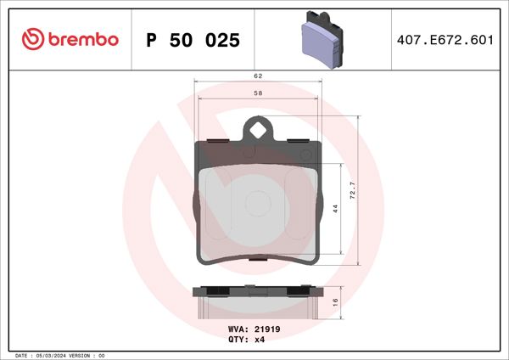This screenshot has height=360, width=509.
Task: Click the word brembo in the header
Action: click(83, 38)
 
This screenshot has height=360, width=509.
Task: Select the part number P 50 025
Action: click(193, 40)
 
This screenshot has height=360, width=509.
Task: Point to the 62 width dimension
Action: click(257, 76)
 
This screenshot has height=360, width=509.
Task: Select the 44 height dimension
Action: click(337, 208)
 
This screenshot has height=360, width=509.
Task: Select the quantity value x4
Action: click(260, 339)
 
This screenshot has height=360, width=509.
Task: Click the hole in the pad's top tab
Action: click(258, 129)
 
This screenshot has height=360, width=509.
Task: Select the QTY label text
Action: click(238, 339)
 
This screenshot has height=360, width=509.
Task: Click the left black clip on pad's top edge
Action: click(217, 141)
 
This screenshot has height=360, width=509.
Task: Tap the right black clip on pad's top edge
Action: click(299, 141)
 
